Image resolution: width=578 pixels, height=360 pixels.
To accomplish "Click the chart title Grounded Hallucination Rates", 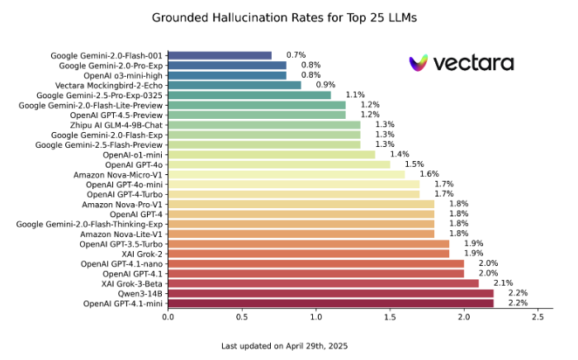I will point(288,16).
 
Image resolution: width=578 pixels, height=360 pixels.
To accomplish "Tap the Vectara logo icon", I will point(419,63).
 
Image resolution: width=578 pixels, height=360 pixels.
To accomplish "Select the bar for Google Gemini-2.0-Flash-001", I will point(220,55).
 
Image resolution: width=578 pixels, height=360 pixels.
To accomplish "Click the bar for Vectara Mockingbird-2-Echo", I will point(235,85).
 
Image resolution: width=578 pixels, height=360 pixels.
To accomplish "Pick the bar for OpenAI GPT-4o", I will point(279,164).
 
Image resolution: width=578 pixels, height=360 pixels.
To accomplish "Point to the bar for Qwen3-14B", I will point(330,293).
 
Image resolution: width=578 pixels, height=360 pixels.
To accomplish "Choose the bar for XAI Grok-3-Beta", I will point(323,283).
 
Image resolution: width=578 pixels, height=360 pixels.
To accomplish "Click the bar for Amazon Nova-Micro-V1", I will point(287,174).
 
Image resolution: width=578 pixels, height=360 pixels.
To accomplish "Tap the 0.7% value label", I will point(296,55).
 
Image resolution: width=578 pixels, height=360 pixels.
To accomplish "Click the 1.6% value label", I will point(429,174).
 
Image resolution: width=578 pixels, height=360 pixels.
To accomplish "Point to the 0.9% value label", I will point(325,85).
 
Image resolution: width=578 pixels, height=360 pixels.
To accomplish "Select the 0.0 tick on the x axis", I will point(168,316).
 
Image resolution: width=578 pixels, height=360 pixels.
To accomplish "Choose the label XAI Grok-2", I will point(142,253).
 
